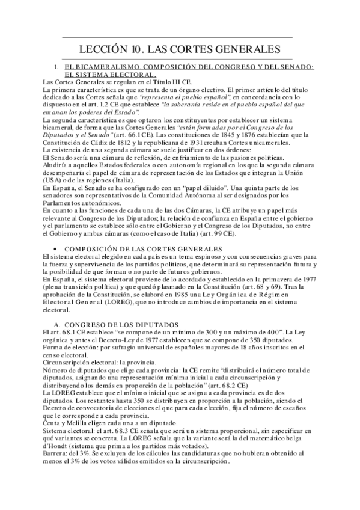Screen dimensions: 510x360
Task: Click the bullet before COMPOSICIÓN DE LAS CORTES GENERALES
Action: pos(55,250)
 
